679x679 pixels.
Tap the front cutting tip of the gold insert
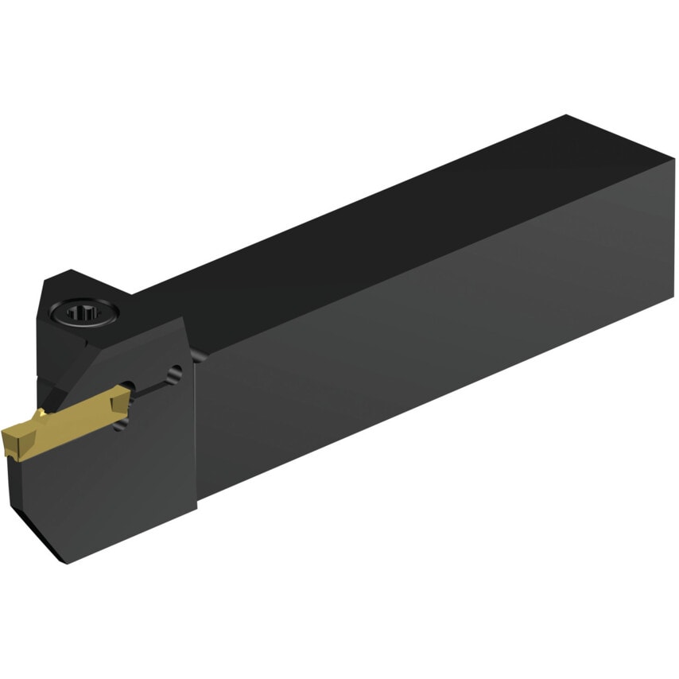[x=10, y=442]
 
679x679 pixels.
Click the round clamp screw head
[x=83, y=313]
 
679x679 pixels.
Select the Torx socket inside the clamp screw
[x=81, y=313]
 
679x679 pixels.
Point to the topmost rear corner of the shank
[x=566, y=116]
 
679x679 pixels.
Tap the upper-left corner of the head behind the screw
[x=46, y=278]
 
